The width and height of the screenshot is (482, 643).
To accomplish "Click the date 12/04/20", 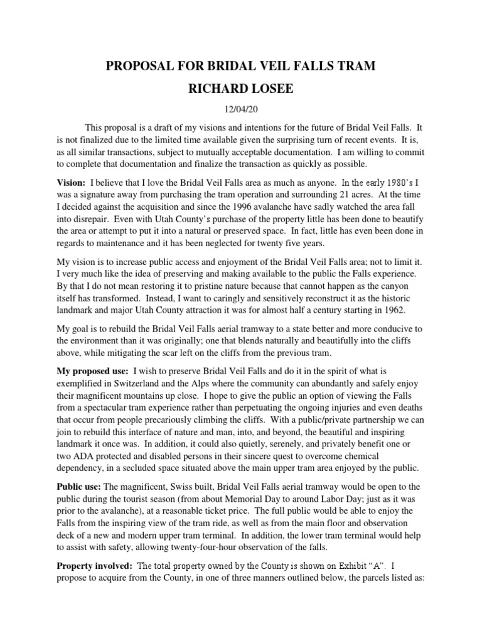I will pos(240,109).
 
